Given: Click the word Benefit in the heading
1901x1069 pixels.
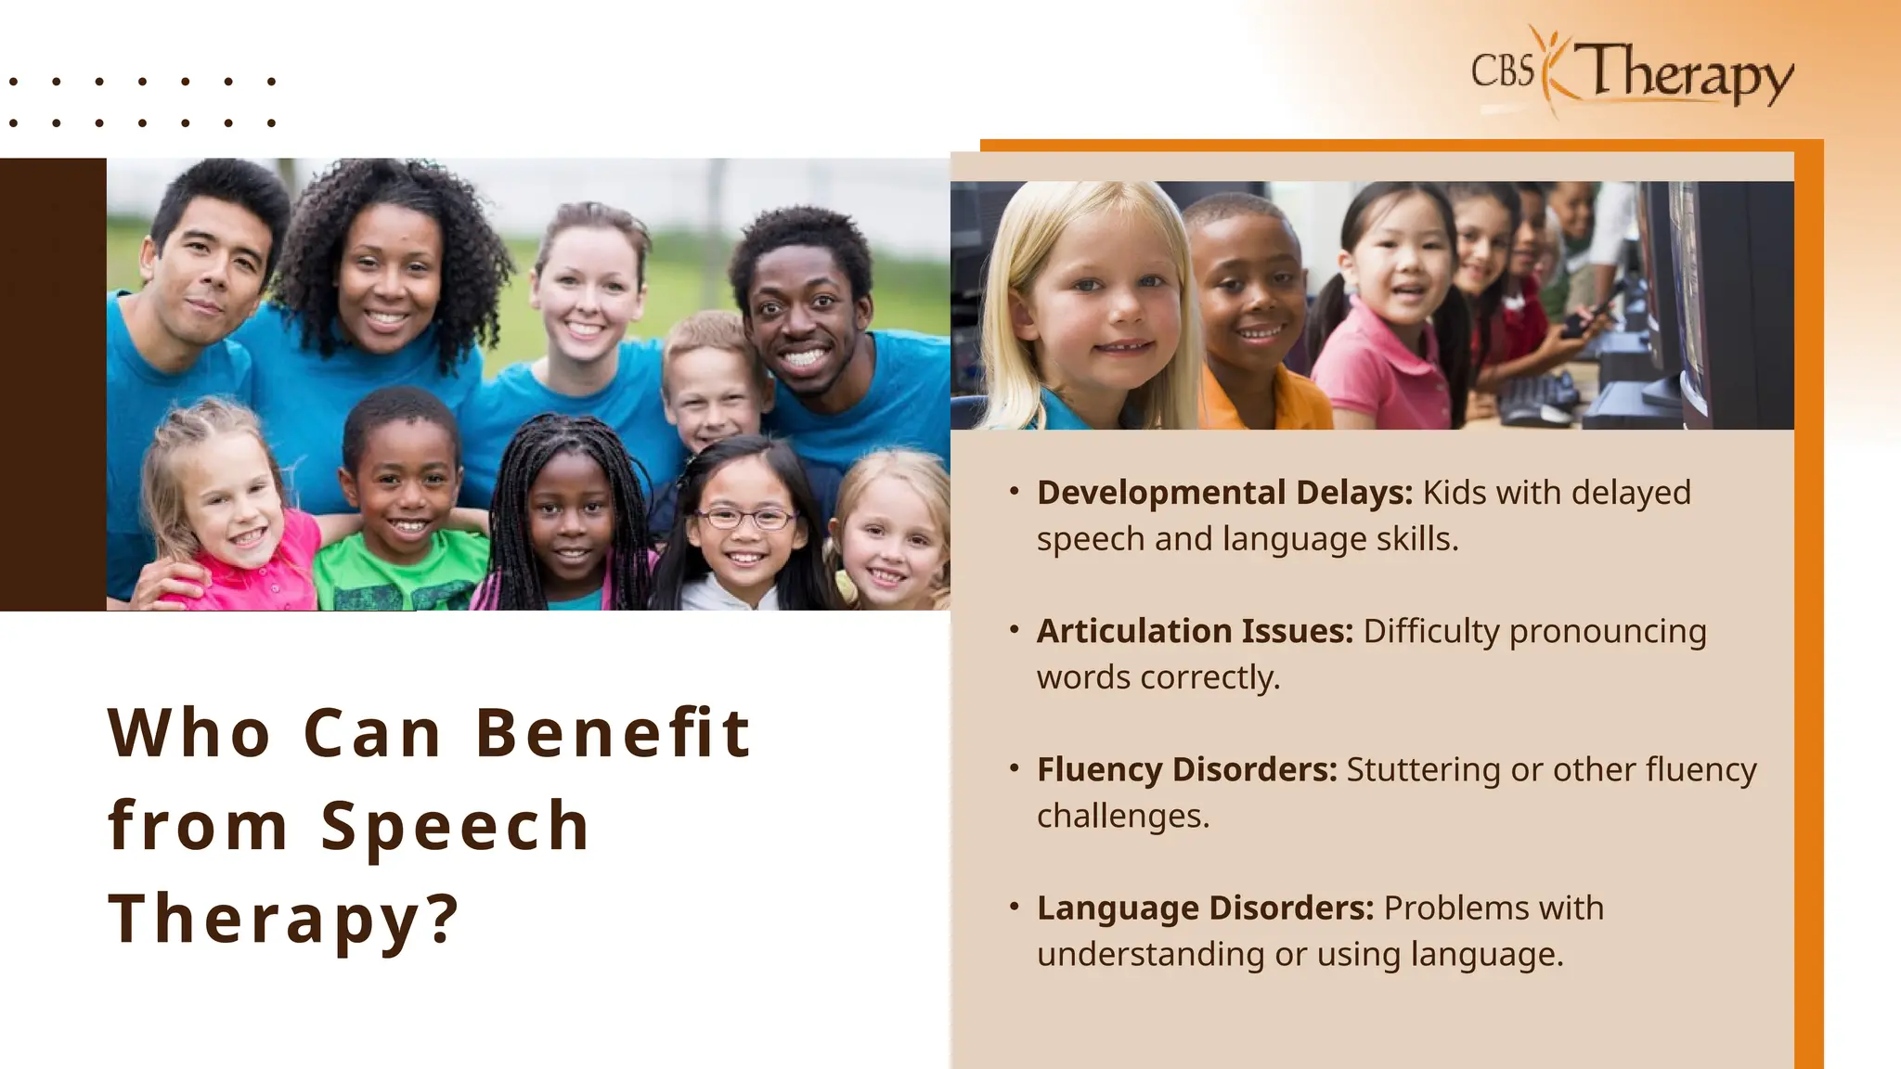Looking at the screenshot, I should tap(613, 733).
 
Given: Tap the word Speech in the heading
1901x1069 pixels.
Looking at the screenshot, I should tap(455, 826).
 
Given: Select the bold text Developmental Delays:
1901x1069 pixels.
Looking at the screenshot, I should tap(1224, 493).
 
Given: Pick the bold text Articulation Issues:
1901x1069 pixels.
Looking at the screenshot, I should tap(1195, 631).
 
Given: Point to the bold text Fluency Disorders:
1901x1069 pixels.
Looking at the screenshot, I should tap(1186, 769).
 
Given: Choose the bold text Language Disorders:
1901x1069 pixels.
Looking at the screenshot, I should tap(1205, 908).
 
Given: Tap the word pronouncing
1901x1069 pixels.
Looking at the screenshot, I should tap(1608, 631).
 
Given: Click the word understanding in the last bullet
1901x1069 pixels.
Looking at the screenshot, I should tap(1150, 954).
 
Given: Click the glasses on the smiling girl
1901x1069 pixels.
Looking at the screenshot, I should tap(744, 518).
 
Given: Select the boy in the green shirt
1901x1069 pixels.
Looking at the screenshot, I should tap(401, 501).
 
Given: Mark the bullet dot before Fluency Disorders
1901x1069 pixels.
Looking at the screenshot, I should tap(1015, 768).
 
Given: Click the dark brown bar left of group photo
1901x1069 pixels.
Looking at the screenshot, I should tap(53, 384).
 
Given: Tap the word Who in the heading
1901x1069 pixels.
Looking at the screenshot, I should tap(189, 733).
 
